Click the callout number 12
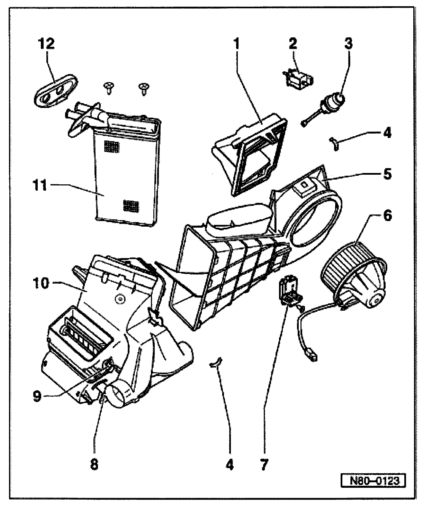click(x=47, y=44)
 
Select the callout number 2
click(x=293, y=45)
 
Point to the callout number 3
click(x=348, y=45)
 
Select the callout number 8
click(x=94, y=465)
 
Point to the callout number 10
click(x=41, y=283)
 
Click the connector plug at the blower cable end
click(x=313, y=356)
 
